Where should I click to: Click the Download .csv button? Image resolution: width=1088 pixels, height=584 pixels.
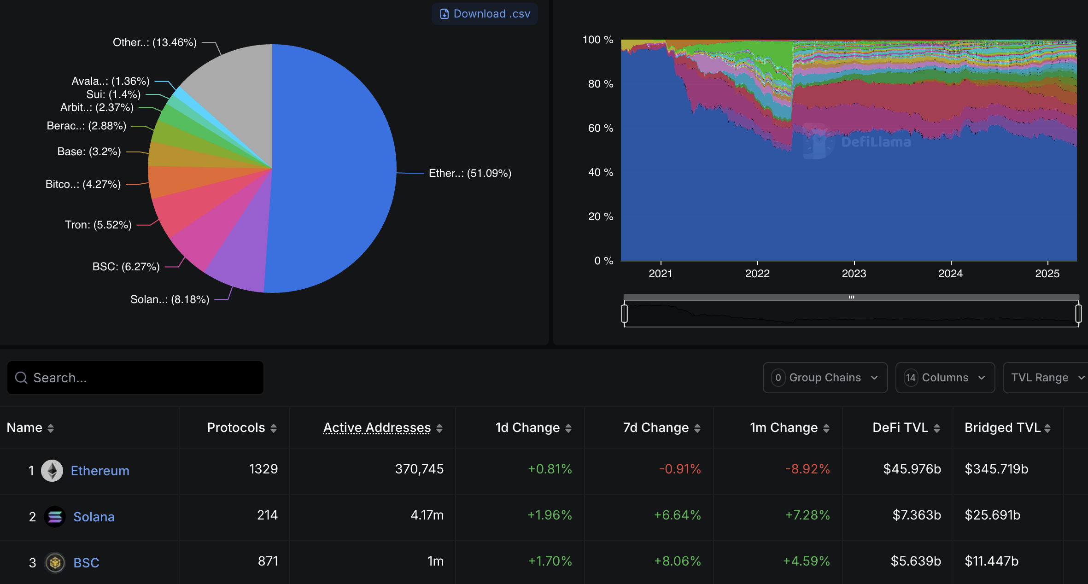(x=485, y=14)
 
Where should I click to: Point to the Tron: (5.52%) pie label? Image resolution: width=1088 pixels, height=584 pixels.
(x=98, y=225)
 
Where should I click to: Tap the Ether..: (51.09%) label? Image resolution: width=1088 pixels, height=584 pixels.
(x=470, y=173)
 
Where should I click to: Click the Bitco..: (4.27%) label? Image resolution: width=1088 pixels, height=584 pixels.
(x=83, y=184)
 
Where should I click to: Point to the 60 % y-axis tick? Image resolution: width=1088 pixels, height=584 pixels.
(x=600, y=128)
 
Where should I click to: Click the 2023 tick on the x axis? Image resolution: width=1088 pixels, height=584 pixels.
(x=854, y=273)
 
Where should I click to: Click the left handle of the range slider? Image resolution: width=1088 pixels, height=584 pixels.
(x=625, y=314)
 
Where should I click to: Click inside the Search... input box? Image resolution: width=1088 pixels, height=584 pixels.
(x=135, y=378)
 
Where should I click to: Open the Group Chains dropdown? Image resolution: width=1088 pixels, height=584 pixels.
(x=825, y=378)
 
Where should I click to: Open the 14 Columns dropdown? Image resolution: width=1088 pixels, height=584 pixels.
(x=945, y=378)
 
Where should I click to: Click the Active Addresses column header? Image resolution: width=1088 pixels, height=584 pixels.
(x=377, y=428)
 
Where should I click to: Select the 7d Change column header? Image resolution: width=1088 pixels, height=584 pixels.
(x=656, y=428)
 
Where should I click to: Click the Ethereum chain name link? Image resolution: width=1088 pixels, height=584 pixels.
(x=100, y=471)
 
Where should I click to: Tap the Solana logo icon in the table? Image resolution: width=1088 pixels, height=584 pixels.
(x=55, y=517)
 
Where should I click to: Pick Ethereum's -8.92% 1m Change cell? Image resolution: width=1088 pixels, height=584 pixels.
(x=807, y=469)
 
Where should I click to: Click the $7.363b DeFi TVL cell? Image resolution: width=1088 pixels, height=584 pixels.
(x=916, y=515)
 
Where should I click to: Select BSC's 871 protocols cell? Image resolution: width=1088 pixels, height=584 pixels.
(x=268, y=561)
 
